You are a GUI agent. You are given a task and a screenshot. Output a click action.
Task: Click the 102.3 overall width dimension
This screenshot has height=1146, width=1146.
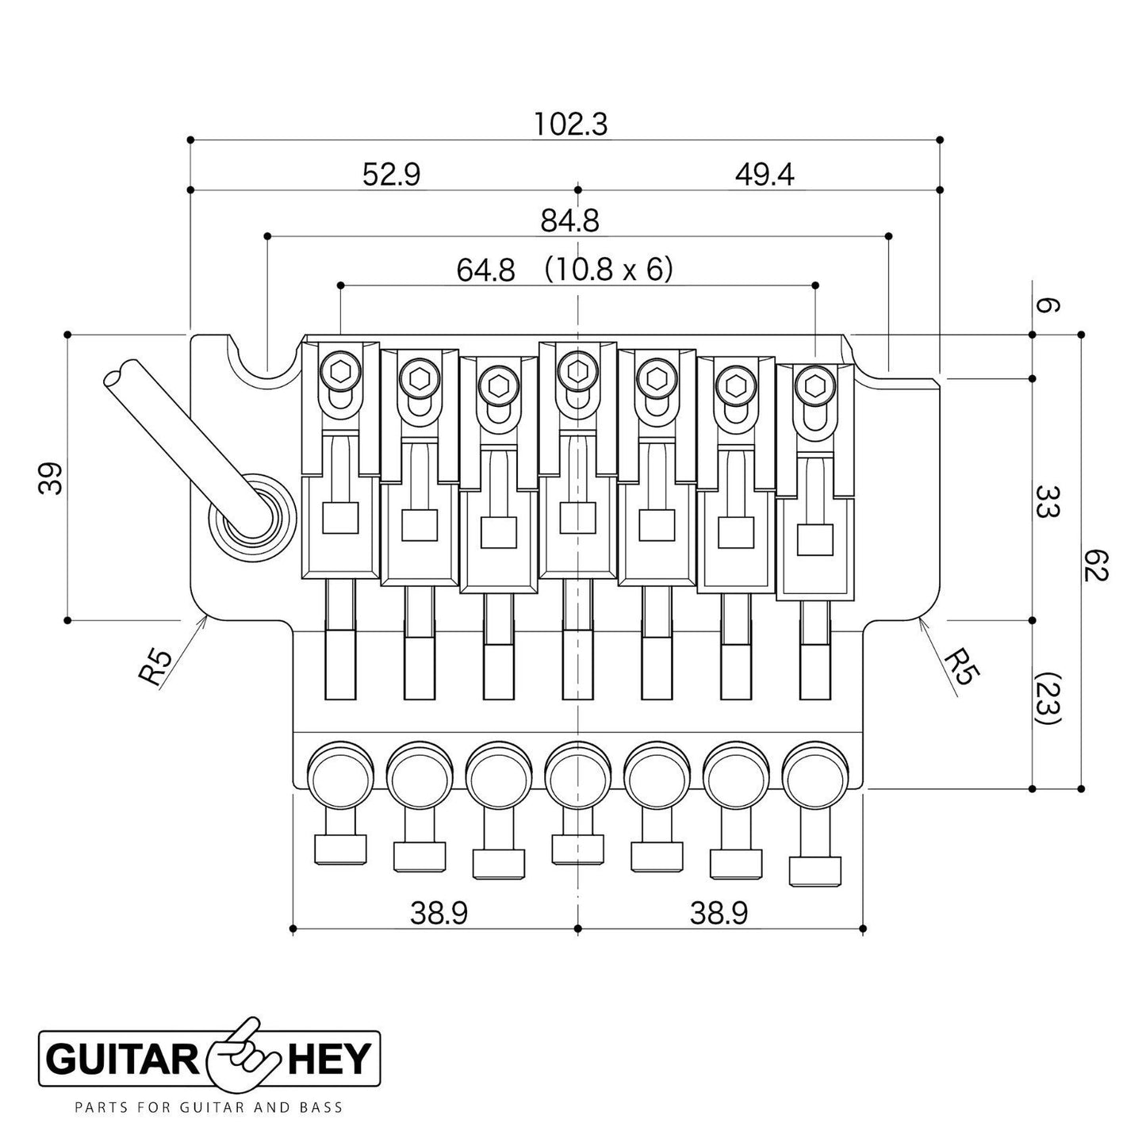[x=570, y=125]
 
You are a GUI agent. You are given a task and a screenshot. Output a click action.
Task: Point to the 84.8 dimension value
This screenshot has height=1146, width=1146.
[x=569, y=221]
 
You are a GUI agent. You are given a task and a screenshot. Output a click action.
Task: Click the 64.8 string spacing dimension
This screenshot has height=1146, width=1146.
[x=485, y=271]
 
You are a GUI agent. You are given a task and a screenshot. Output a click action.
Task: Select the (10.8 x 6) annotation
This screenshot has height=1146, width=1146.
[x=608, y=271]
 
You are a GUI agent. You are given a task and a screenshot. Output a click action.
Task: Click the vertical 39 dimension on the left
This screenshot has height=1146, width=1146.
[x=51, y=477]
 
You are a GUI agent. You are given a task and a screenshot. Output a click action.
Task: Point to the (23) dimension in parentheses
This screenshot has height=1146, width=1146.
[x=1047, y=700]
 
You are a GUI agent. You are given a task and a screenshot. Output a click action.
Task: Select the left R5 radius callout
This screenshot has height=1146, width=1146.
[x=155, y=666]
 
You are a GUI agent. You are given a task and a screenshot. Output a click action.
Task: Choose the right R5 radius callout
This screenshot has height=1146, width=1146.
[x=962, y=666]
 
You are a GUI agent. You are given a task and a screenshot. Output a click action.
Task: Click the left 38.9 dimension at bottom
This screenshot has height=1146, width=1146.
[x=439, y=914]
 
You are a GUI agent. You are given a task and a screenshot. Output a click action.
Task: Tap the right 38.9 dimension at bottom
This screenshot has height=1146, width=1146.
[x=719, y=914]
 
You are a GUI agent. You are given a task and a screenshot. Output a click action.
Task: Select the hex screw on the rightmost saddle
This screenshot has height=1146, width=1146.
[x=814, y=385]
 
